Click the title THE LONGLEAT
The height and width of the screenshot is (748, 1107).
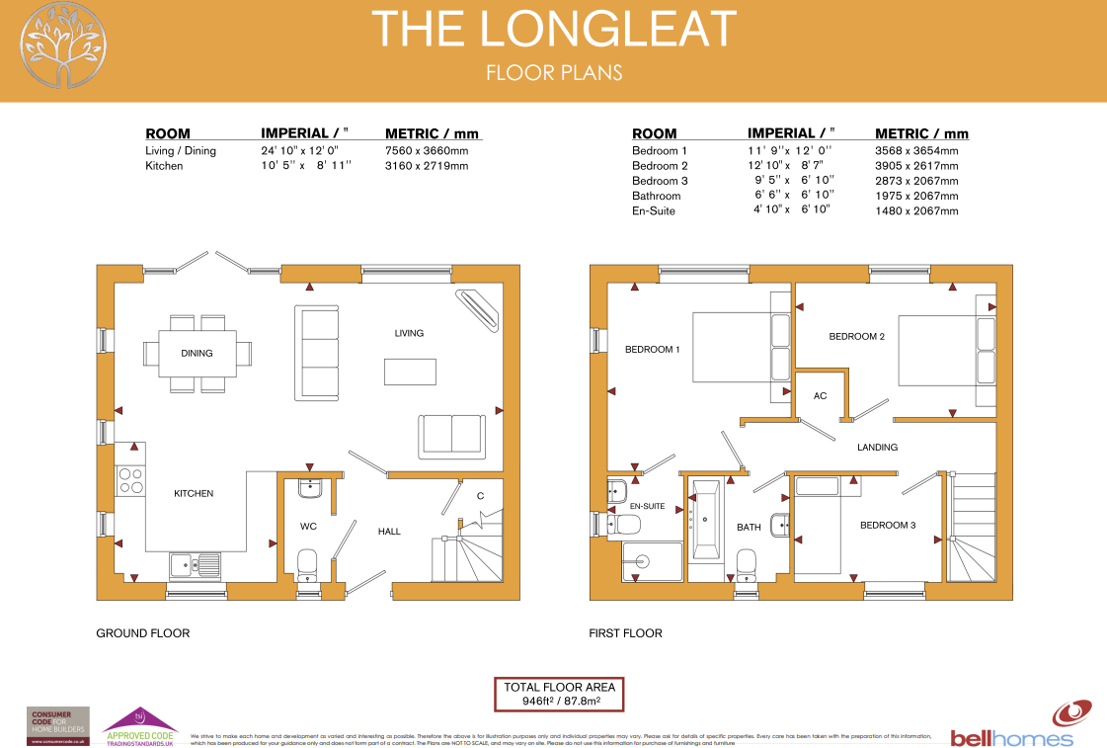553,29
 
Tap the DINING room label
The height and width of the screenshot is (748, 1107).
197,353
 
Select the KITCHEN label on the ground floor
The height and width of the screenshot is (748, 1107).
194,493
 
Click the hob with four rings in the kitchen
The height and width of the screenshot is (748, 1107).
131,480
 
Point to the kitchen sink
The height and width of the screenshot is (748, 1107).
195,564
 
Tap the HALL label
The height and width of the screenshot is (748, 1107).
389,532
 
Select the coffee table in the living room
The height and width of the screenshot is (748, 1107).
410,371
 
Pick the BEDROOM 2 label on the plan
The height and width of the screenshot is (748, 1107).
856,337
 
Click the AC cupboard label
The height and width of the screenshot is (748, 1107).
820,395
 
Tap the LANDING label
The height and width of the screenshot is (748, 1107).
877,448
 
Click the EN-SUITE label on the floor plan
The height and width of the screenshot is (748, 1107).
647,506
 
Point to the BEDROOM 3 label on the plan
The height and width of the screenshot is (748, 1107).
887,525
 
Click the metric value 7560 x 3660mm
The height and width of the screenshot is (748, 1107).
426,151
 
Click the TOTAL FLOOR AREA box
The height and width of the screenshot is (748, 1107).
560,694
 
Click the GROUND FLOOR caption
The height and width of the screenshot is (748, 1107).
142,633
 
